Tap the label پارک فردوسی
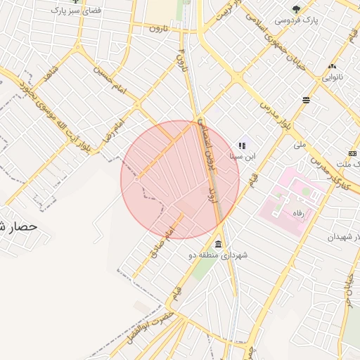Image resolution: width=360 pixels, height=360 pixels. click(x=296, y=20)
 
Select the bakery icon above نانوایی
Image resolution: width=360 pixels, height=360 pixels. click(x=331, y=67)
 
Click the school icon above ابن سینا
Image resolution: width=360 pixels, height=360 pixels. click(x=242, y=146)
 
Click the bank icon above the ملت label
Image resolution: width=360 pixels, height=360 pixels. click(x=352, y=154)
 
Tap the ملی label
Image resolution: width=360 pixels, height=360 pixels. click(x=300, y=145)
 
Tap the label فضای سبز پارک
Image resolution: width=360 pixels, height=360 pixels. click(x=75, y=12)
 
